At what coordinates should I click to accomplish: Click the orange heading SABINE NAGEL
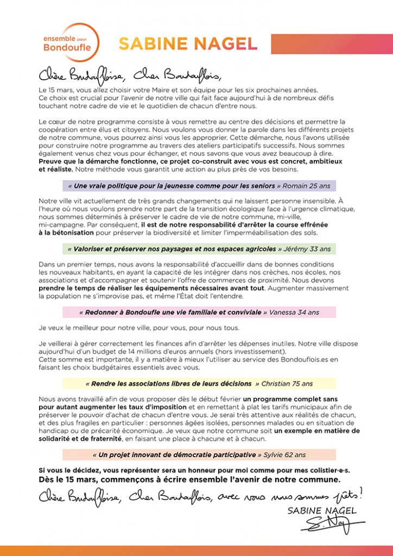[188, 44]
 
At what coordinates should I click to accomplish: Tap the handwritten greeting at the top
[130, 74]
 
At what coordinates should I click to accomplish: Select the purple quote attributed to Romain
[199, 186]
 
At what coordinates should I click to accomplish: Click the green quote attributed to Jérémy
[199, 249]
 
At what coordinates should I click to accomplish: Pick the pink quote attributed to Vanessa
[199, 312]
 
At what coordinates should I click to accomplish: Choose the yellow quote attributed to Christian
[199, 383]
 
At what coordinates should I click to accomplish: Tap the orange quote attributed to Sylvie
[199, 454]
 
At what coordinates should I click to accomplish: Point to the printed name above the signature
[322, 510]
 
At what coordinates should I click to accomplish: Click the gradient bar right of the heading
[331, 44]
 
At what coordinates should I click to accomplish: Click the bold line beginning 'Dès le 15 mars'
[189, 480]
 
